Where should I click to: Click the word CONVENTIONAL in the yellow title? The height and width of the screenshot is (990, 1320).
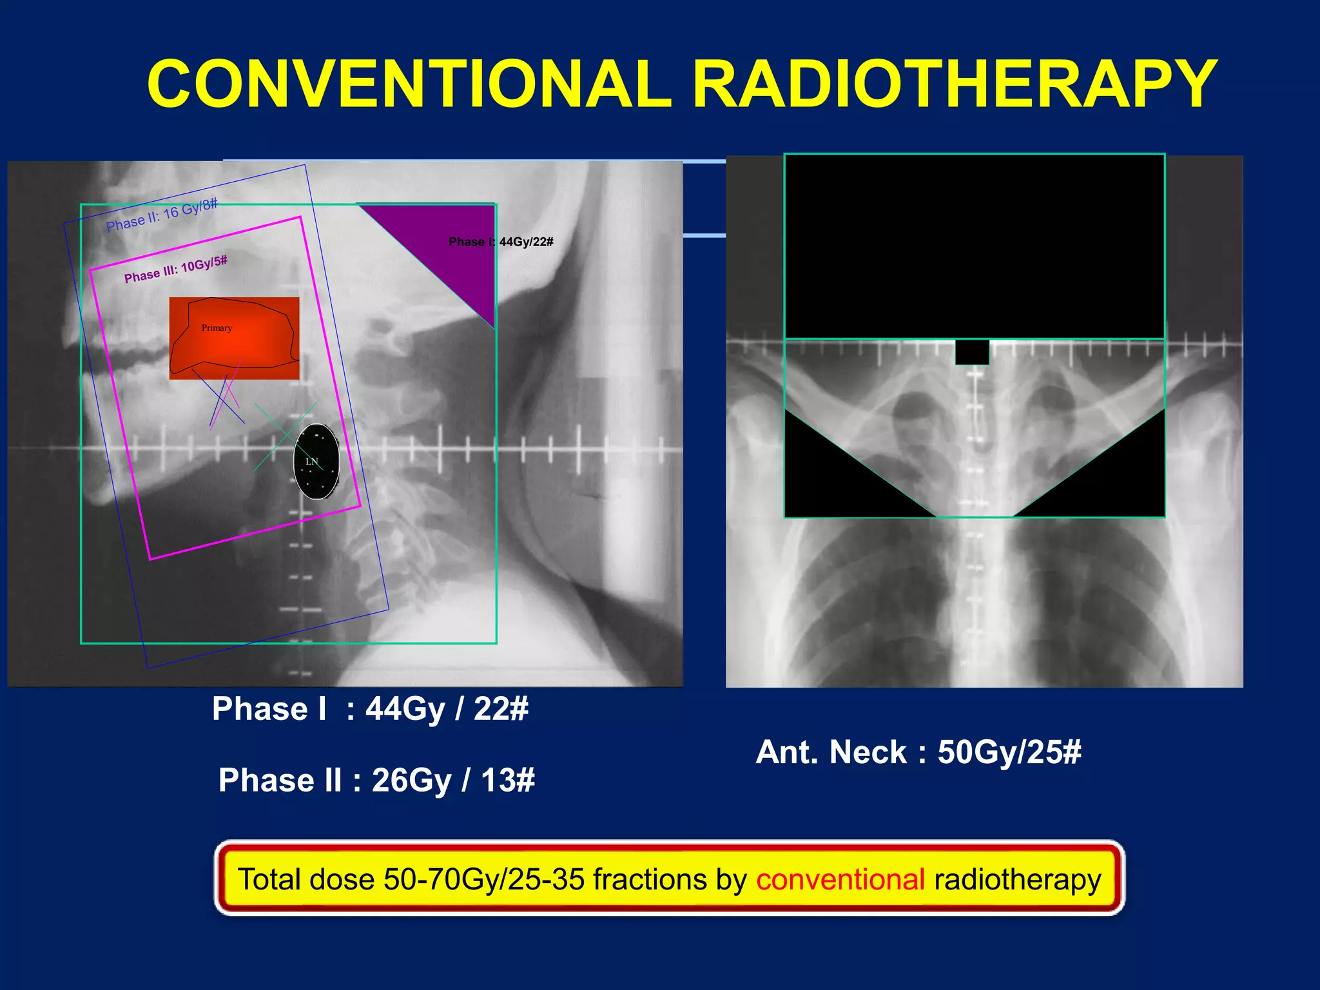tap(410, 84)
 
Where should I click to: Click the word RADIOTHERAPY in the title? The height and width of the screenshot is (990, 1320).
tap(954, 84)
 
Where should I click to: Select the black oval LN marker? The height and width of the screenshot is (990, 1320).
tap(316, 461)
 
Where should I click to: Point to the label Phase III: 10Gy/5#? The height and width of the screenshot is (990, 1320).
tap(175, 269)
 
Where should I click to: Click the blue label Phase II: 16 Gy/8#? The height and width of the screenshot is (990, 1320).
tap(162, 215)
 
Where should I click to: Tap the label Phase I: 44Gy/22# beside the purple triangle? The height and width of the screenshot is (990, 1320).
tap(501, 242)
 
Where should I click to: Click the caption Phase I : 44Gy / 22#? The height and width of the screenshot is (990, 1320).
tap(370, 709)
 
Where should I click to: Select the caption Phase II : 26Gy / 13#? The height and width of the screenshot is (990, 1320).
tap(376, 780)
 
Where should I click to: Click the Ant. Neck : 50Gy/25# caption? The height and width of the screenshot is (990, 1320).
tap(918, 752)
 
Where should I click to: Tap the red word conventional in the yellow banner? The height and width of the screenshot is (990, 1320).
tap(840, 879)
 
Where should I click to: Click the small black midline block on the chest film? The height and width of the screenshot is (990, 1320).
tap(972, 352)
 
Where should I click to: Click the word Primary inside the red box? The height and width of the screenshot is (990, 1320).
tap(217, 328)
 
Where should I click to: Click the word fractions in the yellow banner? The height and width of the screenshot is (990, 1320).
tap(650, 879)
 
